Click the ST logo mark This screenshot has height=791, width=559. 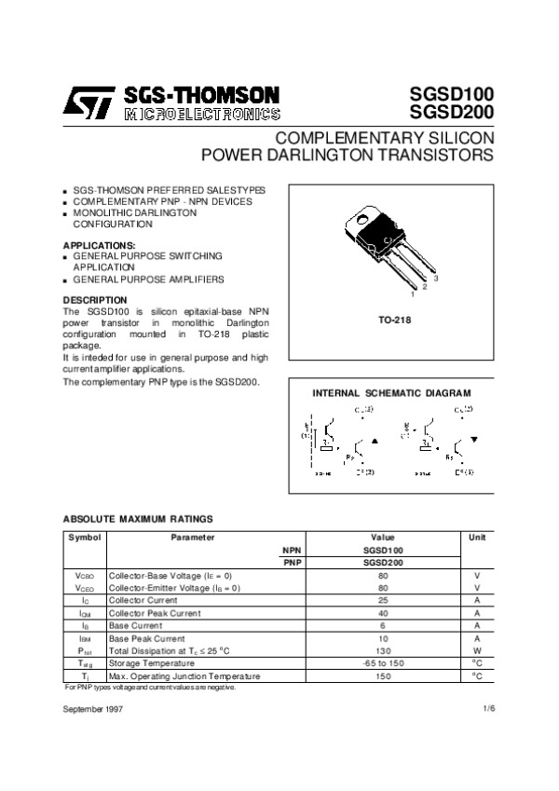tap(89, 102)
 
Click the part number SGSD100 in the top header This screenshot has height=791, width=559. tap(452, 95)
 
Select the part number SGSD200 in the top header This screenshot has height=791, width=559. tap(452, 114)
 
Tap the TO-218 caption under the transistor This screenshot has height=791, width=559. tap(394, 320)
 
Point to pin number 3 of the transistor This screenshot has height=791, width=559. tap(435, 280)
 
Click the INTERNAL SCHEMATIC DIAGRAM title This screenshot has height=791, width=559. tap(390, 393)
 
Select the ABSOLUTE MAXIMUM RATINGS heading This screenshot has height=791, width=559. tap(137, 519)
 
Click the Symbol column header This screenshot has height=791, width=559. tap(84, 538)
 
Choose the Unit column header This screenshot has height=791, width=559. tap(476, 538)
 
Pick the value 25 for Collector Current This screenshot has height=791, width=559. tap(383, 601)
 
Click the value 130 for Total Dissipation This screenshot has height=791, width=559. tap(383, 651)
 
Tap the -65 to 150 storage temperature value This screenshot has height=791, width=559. tap(383, 663)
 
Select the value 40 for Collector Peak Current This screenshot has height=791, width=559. tap(383, 613)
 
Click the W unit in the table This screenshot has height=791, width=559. tap(476, 651)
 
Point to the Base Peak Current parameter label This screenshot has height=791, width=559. tap(146, 639)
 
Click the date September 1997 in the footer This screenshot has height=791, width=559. tap(92, 710)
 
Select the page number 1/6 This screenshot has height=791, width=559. tap(488, 710)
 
